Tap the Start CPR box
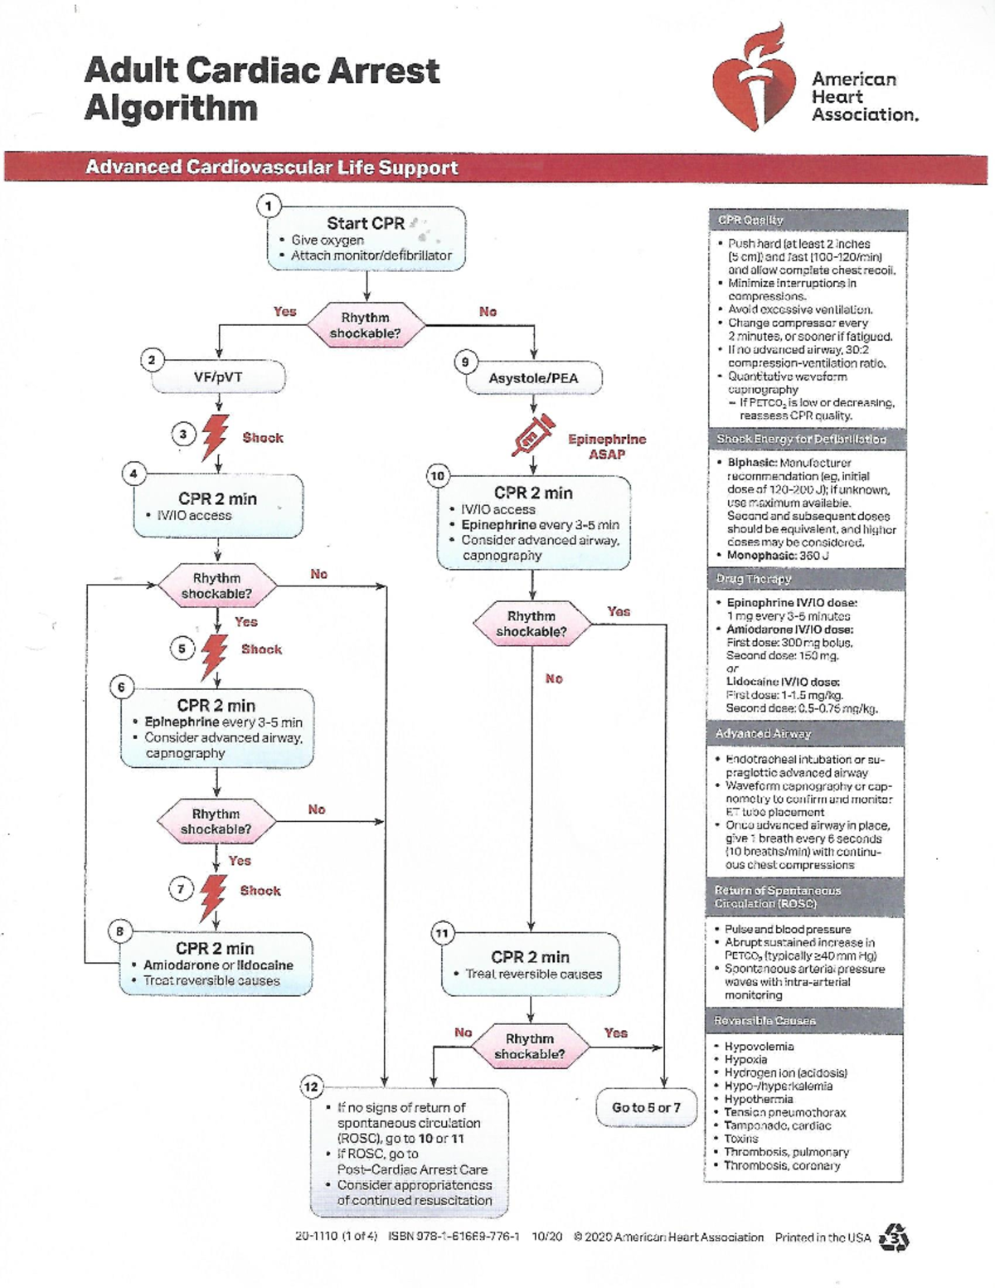(366, 238)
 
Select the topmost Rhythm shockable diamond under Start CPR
(366, 325)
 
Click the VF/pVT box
(218, 377)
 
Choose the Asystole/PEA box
(533, 378)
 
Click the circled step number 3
(183, 434)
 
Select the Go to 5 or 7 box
(646, 1108)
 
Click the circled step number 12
(311, 1086)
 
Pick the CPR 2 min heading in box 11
(530, 957)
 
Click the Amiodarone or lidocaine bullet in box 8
(218, 965)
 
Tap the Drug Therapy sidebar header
(754, 579)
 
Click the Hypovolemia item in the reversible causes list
(759, 1047)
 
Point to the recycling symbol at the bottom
(894, 1237)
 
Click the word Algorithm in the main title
(171, 109)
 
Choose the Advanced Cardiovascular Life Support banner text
(271, 168)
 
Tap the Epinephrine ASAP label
(607, 446)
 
